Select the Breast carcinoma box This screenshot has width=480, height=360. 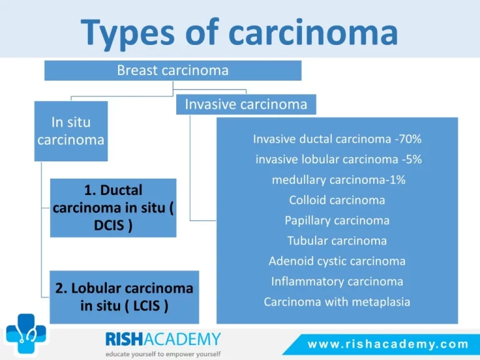click(x=173, y=71)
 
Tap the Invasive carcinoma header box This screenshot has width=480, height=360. click(x=246, y=104)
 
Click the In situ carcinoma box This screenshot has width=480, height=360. click(x=71, y=131)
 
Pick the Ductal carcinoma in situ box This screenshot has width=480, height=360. click(x=113, y=208)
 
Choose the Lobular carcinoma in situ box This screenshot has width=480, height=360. click(x=124, y=297)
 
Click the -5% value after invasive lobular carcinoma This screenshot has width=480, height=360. click(x=412, y=159)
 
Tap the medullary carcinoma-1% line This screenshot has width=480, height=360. click(x=339, y=180)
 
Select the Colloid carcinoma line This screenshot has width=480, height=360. click(x=337, y=200)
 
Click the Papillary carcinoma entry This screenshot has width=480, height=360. click(x=337, y=221)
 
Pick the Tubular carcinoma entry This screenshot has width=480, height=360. click(x=337, y=241)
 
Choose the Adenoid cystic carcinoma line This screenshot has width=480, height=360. click(x=337, y=261)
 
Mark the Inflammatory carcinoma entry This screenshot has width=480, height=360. click(x=337, y=281)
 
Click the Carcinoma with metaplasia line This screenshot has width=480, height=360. click(x=337, y=302)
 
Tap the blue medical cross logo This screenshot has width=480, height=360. click(x=26, y=334)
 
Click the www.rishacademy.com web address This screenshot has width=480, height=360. click(x=388, y=344)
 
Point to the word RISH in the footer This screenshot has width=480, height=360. click(x=124, y=339)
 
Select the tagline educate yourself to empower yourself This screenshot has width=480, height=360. click(x=163, y=354)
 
